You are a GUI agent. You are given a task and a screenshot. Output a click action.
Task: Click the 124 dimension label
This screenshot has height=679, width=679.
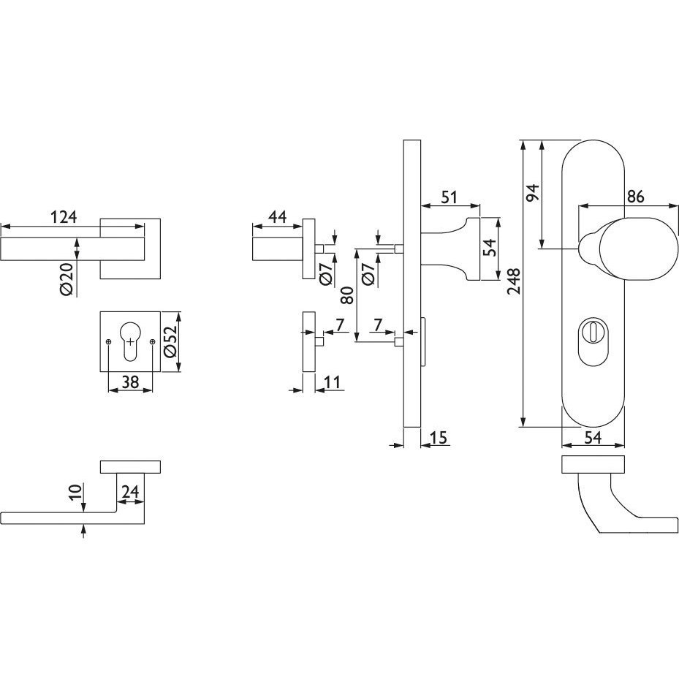[64, 216]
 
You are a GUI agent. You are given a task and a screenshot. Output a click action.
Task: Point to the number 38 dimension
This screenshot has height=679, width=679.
[130, 382]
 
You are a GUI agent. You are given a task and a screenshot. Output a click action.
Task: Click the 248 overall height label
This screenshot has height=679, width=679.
[514, 281]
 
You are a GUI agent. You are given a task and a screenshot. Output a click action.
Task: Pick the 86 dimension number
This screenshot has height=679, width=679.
[635, 197]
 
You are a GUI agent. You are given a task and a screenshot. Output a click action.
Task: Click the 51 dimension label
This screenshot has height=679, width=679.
[449, 197]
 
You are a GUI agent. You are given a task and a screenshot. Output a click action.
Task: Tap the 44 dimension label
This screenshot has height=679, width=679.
[277, 216]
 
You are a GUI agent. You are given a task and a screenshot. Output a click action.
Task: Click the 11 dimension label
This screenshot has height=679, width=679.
[333, 382]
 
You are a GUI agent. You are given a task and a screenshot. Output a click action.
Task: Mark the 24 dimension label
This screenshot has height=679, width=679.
[130, 491]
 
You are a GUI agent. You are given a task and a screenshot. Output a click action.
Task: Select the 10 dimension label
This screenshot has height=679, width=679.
[75, 493]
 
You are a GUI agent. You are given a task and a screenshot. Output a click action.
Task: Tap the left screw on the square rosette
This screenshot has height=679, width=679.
[108, 342]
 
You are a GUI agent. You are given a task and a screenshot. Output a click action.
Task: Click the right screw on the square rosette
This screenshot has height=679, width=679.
[152, 342]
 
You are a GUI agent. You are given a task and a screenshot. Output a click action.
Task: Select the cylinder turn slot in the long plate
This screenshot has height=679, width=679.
[593, 338]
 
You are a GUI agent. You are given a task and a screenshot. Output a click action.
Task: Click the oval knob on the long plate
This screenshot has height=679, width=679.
[639, 249]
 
